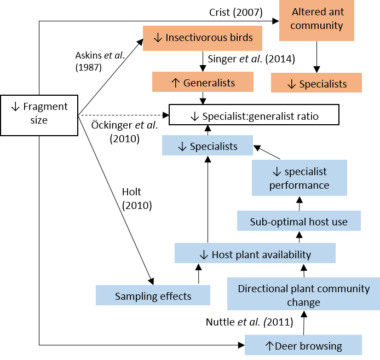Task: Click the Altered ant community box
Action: [316, 19]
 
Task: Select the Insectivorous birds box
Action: [203, 38]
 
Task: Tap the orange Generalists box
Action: [203, 83]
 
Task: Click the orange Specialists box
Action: [316, 84]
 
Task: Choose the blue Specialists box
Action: [208, 146]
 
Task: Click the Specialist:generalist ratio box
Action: [254, 116]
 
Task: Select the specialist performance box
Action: [299, 178]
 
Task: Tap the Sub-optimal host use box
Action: [299, 222]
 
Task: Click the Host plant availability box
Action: [255, 254]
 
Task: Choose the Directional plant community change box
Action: [303, 295]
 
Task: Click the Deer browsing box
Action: [303, 346]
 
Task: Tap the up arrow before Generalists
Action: [175, 83]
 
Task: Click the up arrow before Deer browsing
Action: [269, 346]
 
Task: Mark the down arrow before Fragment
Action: [15, 107]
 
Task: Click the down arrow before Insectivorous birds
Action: [158, 38]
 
